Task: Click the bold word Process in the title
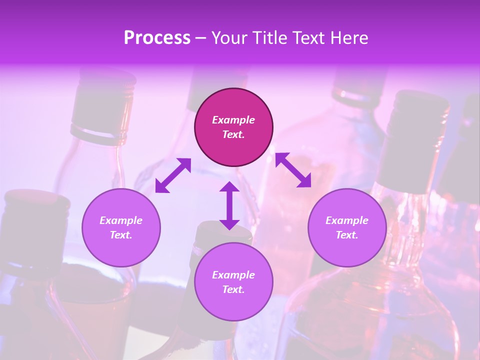(157, 38)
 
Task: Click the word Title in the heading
(269, 38)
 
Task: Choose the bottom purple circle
(233, 305)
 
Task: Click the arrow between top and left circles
(173, 175)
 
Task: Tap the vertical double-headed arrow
(229, 205)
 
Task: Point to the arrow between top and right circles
(293, 170)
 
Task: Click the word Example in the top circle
(233, 120)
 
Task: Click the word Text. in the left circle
(121, 235)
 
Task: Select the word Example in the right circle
(347, 220)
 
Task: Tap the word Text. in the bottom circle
(233, 289)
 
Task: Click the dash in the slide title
(201, 38)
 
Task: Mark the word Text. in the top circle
(233, 134)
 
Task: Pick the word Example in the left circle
(121, 220)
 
